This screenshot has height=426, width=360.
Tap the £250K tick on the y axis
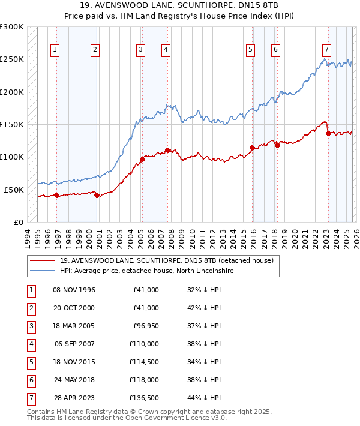point(12,59)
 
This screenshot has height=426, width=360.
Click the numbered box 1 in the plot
point(55,50)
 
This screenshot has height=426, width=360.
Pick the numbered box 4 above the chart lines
point(165,50)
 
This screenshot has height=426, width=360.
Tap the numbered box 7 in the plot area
point(326,50)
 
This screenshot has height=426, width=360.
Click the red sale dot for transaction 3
point(142,159)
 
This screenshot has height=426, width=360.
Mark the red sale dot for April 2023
point(328,133)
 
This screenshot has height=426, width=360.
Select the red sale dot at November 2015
point(252,148)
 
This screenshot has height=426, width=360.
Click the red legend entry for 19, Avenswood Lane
point(166,260)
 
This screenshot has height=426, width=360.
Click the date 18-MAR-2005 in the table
point(74,326)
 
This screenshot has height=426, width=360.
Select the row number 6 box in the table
point(30,380)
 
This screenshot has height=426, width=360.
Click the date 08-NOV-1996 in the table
point(74,290)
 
